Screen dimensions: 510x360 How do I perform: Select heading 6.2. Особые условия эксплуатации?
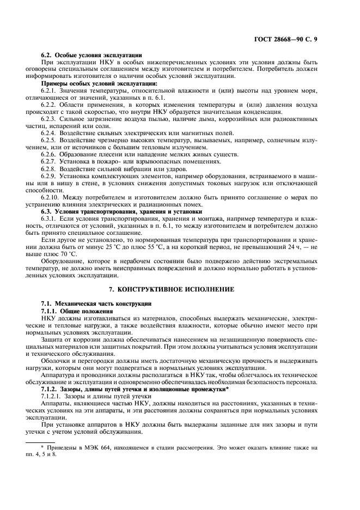click(x=91, y=56)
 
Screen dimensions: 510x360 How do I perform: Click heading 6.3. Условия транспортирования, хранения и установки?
click(x=121, y=211)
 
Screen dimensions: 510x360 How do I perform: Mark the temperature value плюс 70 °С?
click(x=69, y=253)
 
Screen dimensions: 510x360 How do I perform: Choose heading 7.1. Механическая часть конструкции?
click(x=96, y=302)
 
